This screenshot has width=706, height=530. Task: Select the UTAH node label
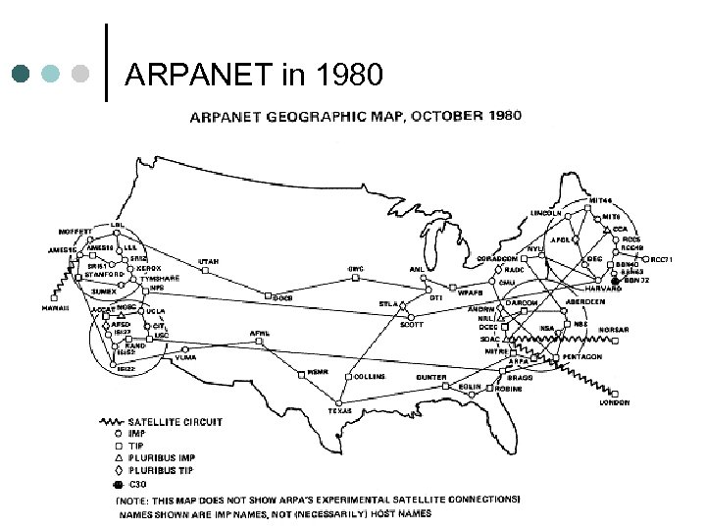[209, 261]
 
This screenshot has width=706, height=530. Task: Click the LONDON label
[615, 401]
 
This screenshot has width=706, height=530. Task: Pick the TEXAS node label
[340, 410]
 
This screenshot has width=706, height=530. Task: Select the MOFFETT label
[75, 233]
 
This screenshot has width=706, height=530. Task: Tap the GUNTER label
[430, 377]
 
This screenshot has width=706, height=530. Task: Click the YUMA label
[185, 357]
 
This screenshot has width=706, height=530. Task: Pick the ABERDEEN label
[586, 302]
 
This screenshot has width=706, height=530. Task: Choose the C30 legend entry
[137, 484]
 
